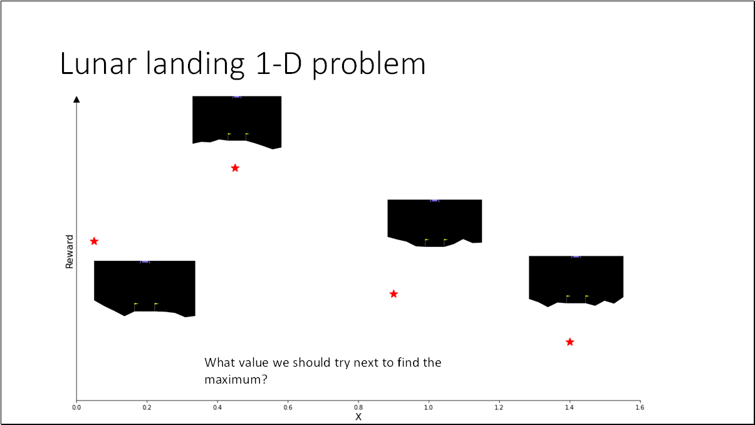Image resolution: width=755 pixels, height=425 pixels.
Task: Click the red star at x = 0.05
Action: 94,241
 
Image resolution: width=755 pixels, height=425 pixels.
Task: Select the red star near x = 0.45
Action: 235,168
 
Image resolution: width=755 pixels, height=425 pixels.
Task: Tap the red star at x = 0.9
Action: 393,294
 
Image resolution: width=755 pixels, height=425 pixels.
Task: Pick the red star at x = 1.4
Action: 570,342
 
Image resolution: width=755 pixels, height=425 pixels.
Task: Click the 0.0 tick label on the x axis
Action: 76,407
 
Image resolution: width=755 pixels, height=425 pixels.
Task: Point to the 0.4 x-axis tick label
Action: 217,407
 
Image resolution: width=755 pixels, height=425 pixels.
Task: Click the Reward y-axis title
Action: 70,252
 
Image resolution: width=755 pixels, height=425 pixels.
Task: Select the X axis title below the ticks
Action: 358,417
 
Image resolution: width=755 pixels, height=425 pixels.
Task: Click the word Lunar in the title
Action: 100,65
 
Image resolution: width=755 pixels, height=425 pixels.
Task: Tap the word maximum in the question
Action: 232,380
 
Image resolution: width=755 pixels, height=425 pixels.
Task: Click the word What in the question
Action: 219,363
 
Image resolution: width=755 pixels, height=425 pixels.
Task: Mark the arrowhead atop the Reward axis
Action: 76,99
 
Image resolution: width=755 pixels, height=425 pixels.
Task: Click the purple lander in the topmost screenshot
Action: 236,97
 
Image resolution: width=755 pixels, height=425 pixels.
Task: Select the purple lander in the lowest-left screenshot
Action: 145,260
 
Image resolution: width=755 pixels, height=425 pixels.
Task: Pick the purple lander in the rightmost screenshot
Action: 576,256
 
